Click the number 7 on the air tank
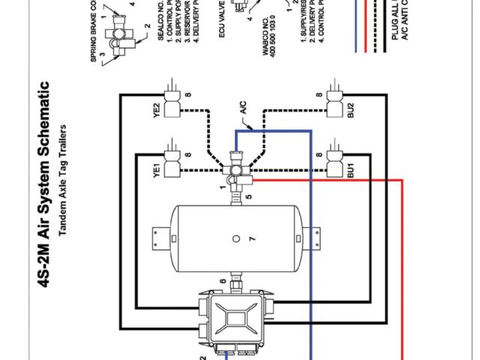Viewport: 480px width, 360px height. click(x=253, y=238)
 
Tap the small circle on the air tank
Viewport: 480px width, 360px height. click(x=236, y=238)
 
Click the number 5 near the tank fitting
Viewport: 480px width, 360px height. click(x=248, y=199)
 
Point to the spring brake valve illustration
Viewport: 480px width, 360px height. click(x=118, y=30)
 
